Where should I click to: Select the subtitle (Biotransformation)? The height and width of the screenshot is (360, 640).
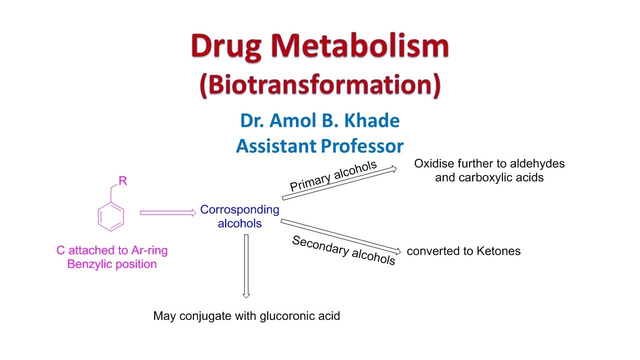tap(320, 84)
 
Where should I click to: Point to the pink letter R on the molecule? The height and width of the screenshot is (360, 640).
tap(122, 181)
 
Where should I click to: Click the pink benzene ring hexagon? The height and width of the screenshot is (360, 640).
tap(110, 217)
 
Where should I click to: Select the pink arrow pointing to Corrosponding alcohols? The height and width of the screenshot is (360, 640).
tap(167, 213)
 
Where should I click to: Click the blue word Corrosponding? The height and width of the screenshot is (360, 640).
tap(239, 210)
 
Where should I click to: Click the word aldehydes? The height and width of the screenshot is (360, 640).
tap(537, 163)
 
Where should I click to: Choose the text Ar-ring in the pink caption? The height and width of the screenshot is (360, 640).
tap(149, 250)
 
